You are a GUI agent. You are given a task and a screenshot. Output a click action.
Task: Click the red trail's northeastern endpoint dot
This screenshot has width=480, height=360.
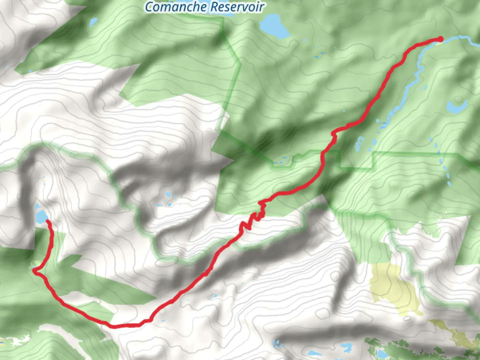pos(440,39)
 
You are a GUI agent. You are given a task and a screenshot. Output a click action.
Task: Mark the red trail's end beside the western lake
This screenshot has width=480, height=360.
pos(48,221)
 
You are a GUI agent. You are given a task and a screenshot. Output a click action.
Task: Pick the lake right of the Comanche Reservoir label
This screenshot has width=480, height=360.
pos(274,26)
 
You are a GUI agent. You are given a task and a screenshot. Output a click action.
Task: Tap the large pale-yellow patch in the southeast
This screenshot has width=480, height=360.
pos(393,287)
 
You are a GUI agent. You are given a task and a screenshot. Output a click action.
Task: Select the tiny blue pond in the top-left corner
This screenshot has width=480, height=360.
pos(93,22)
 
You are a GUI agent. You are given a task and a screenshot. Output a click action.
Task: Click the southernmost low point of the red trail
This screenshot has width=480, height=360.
pos(115,326)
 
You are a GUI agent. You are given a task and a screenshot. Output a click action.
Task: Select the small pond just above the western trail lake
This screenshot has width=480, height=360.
pos(43,182)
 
